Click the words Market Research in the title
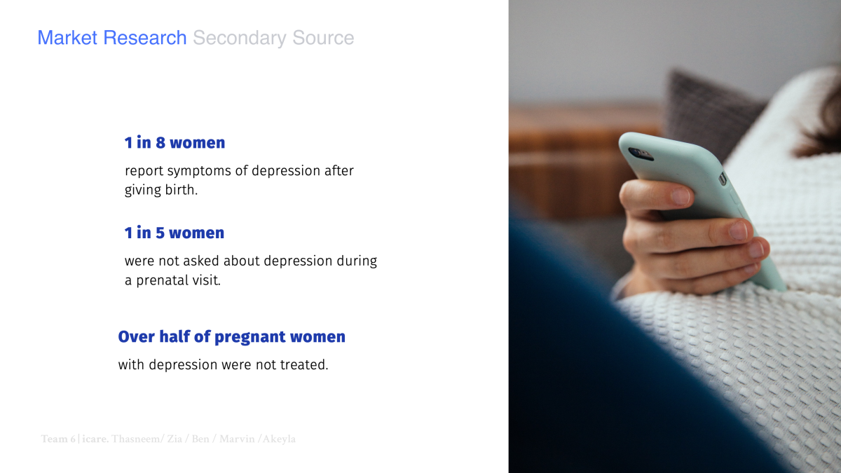112,38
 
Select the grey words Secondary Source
273,38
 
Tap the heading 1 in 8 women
175,143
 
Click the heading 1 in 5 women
175,233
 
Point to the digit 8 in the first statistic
160,143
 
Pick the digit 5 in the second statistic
160,233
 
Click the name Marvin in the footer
237,439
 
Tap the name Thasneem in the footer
137,439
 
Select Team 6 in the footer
58,439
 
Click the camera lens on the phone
635,152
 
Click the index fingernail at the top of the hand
681,196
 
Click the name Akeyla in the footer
279,439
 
